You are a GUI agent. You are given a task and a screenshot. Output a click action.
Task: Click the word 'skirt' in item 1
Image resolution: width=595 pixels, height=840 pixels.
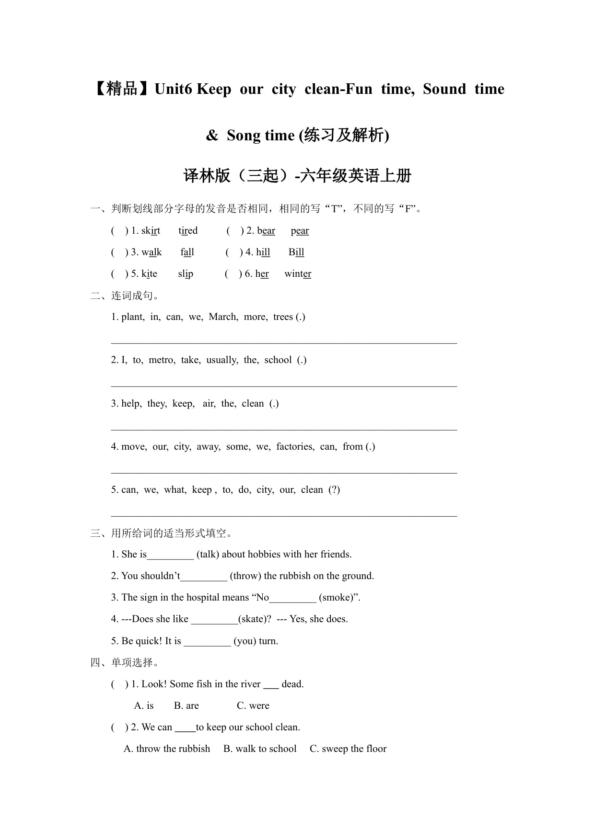point(151,231)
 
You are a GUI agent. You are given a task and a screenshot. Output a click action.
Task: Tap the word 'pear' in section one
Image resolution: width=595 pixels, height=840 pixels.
point(300,231)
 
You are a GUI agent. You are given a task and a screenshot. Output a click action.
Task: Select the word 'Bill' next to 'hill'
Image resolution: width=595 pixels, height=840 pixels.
point(296,252)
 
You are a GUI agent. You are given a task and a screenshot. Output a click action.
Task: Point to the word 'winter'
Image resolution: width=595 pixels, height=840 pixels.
point(298,274)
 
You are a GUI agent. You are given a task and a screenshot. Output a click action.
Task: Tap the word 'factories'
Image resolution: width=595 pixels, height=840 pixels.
point(295,447)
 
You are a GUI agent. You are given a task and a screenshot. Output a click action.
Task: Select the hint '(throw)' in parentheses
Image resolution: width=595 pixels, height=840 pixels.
point(245,576)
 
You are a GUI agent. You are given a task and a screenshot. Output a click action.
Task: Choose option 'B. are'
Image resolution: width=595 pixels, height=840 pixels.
point(186,706)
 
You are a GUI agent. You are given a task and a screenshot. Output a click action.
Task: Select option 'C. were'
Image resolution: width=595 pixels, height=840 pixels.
point(253,706)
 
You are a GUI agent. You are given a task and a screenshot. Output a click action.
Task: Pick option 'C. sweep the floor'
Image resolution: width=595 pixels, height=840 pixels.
point(348,749)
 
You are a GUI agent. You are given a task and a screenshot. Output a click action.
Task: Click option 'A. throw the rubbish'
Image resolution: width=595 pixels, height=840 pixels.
point(167,749)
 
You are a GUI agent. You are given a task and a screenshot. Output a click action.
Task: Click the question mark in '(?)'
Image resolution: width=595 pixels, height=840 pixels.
point(334,490)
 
